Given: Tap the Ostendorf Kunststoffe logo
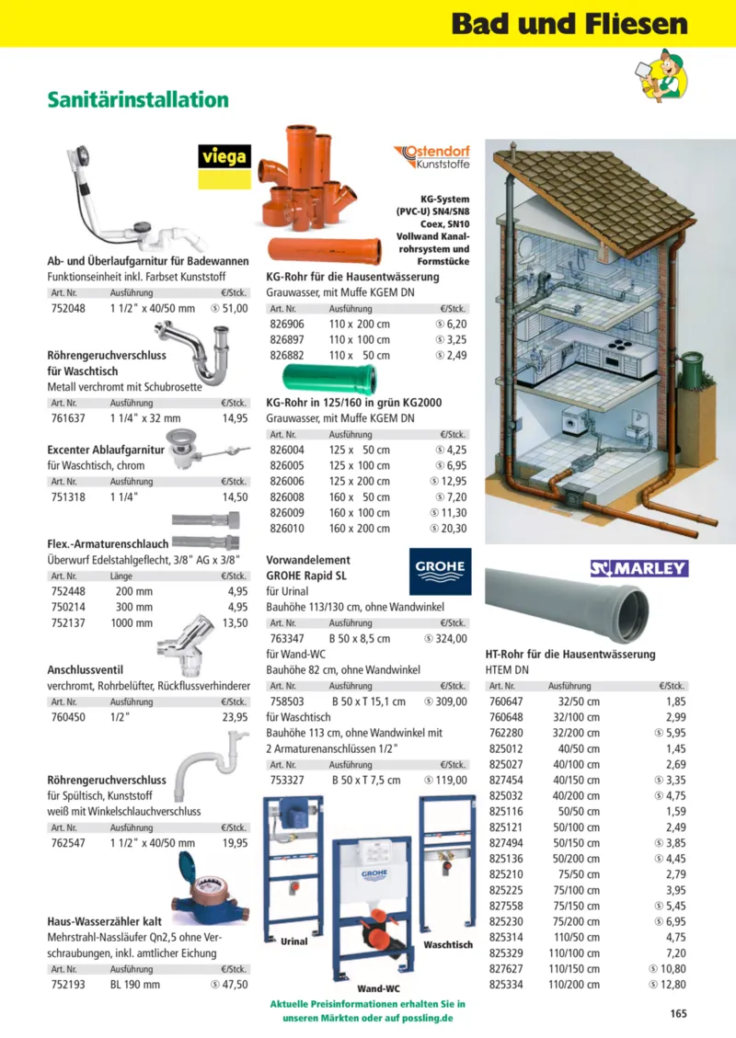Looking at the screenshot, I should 432,157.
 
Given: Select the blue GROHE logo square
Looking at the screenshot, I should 439,572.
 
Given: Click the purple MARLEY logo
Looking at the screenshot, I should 638,568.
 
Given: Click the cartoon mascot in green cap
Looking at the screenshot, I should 660,74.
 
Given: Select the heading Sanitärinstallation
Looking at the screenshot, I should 138,99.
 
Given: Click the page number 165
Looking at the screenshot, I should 678,1014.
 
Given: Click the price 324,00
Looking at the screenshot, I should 446,638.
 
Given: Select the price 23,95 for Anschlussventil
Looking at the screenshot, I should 235,718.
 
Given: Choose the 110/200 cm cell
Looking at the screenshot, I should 574,985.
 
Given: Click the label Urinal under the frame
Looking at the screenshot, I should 293,941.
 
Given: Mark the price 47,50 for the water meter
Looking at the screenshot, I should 229,984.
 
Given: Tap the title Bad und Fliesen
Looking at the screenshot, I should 569,24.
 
